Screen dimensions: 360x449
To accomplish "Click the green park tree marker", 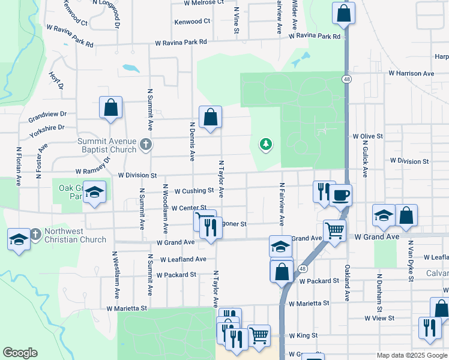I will point(265,144).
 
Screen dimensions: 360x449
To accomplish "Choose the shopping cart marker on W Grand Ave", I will point(334,229).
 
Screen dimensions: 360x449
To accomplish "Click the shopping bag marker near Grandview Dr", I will point(111,108).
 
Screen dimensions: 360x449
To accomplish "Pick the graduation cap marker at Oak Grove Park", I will point(95,192).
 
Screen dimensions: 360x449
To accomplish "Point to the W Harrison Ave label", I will point(411,73).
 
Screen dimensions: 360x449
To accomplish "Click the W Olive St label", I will point(367,137).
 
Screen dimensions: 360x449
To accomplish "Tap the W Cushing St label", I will point(194,191).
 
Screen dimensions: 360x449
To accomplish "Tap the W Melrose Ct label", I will point(204,2).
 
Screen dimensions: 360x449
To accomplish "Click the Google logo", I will point(20,353).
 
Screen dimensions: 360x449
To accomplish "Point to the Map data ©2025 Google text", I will point(411,355).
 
